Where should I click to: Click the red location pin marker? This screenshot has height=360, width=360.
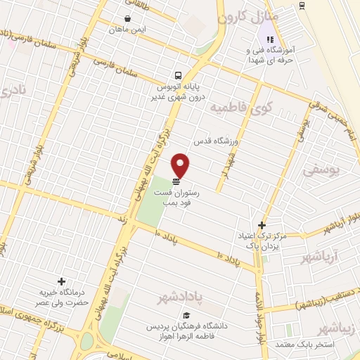pos(181,165)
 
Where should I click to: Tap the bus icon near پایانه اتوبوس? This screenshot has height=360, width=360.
pos(179,75)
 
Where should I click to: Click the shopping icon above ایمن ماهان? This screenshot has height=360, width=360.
pos(127,19)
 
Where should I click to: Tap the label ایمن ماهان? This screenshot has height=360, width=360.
pos(127,30)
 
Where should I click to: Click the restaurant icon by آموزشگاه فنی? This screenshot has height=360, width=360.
pos(269,39)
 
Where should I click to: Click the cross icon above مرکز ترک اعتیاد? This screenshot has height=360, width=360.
pos(262,226)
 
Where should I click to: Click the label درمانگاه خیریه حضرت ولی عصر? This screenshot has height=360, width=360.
pos(59,297)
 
